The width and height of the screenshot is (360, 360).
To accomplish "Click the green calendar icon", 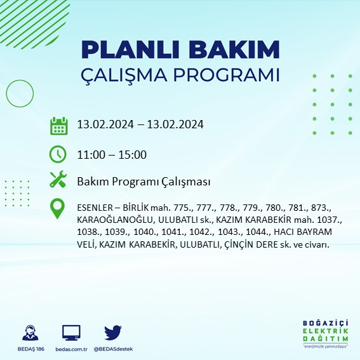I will point(58,126).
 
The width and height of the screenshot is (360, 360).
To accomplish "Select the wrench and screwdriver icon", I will point(58,181).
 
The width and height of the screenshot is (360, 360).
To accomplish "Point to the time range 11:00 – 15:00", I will point(112,155).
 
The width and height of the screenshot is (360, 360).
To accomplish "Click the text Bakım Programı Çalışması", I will point(143,182).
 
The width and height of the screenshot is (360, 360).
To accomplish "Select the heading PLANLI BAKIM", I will point(180,50).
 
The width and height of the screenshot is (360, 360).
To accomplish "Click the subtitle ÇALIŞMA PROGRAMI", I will point(180,75).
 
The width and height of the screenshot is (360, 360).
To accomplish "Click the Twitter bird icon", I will point(113,333).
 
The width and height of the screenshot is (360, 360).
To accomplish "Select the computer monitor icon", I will point(71,333).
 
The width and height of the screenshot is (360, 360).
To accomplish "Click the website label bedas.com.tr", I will point(71,349).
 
